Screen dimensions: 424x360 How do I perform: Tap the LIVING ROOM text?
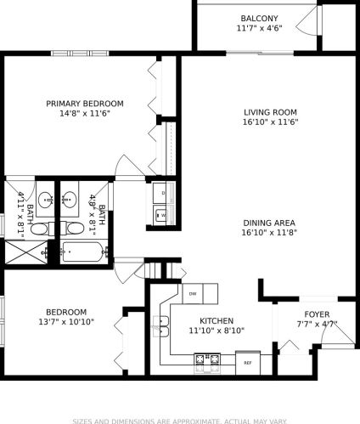269,111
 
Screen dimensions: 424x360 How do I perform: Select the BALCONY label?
258,18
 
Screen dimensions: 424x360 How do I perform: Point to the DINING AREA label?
269,222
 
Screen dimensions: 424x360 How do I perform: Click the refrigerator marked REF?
248,362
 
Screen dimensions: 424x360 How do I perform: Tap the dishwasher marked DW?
193,294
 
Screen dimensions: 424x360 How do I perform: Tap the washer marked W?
161,215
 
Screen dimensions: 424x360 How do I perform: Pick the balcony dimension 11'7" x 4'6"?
258,28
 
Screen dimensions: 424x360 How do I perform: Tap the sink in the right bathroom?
73,201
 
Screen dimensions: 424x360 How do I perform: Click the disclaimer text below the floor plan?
180,419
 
